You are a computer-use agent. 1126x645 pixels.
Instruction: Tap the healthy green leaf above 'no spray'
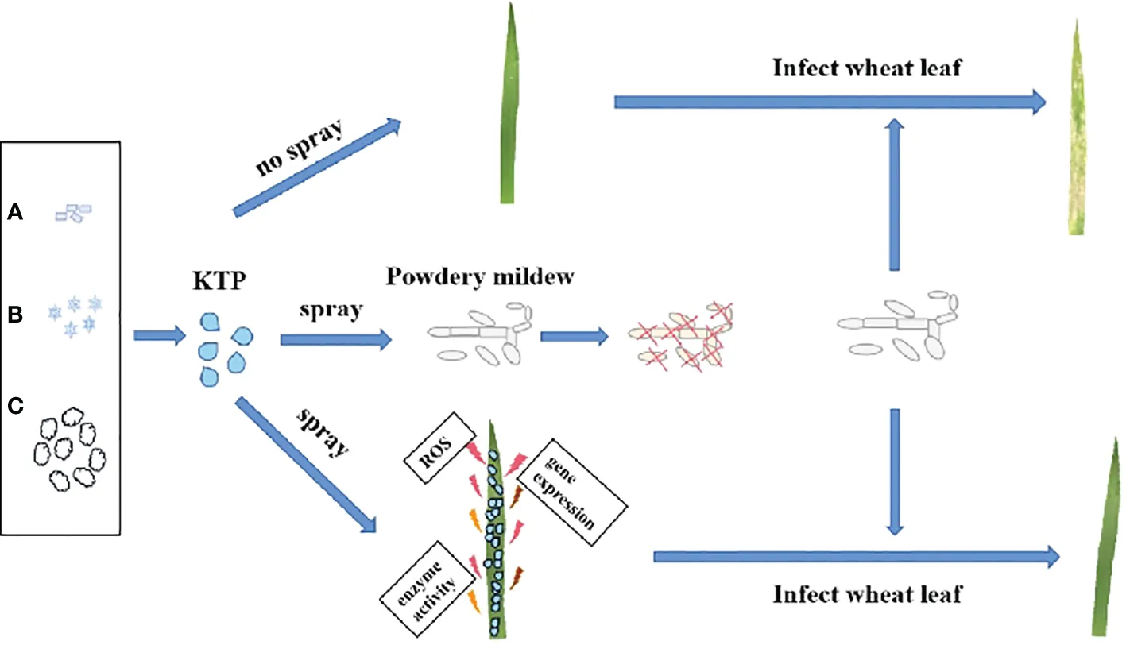[x=508, y=115]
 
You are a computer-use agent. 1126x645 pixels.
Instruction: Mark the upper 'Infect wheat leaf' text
[x=867, y=68]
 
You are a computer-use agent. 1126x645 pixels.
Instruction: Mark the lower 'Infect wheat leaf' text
[x=868, y=593]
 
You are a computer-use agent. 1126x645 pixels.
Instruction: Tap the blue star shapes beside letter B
[x=75, y=313]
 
